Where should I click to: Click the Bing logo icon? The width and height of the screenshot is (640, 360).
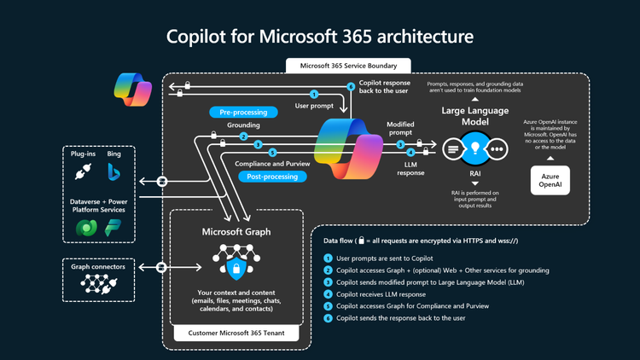(x=113, y=173)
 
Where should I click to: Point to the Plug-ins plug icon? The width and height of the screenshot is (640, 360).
(x=84, y=173)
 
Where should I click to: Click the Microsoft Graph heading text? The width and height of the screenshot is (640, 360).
(x=236, y=231)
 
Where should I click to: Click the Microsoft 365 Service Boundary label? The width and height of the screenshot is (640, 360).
(x=347, y=65)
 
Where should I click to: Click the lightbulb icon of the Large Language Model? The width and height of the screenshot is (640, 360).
(x=473, y=148)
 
